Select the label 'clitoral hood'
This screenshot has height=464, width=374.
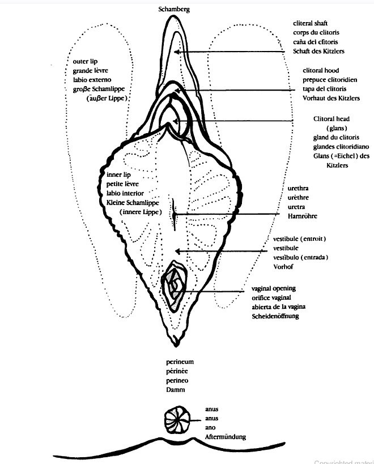click(x=321, y=71)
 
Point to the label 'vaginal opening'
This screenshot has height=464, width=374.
click(x=274, y=288)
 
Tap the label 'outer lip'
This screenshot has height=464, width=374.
click(x=86, y=61)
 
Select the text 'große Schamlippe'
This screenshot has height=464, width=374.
click(x=99, y=89)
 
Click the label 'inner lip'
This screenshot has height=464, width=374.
click(x=118, y=174)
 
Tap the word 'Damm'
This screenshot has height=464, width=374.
click(x=173, y=389)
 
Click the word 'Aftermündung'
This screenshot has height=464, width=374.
click(x=226, y=437)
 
